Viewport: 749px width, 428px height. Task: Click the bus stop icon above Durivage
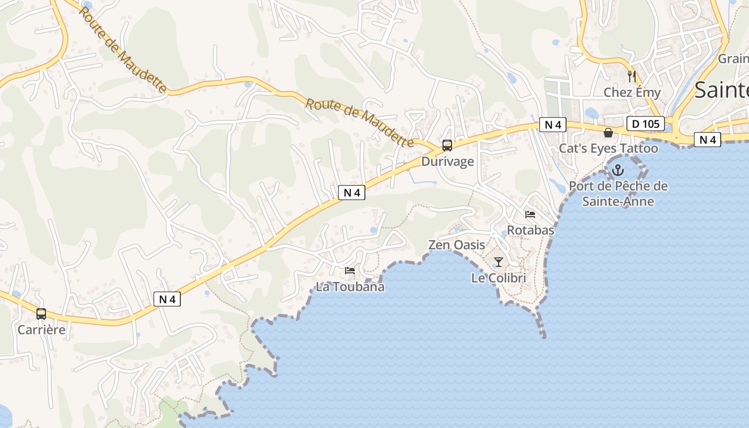(447, 145)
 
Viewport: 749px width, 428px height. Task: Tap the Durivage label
(447, 161)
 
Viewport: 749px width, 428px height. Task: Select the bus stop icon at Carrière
(41, 314)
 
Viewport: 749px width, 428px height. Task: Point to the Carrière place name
(41, 330)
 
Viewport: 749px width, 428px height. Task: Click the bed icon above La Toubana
(350, 271)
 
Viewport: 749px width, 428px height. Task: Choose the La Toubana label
(350, 287)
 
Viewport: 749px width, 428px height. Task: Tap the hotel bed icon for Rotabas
(530, 215)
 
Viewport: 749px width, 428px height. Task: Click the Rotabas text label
(530, 230)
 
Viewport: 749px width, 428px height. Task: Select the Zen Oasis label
(456, 245)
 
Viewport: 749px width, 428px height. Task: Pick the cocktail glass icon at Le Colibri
(499, 262)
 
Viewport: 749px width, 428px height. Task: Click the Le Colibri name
(499, 278)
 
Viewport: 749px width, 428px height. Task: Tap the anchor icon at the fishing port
(618, 170)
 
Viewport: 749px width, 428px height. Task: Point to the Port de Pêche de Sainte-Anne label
(618, 194)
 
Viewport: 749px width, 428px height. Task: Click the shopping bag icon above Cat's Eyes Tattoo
(608, 132)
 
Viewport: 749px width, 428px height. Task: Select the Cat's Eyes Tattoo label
(608, 148)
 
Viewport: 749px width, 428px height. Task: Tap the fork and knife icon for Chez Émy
(632, 77)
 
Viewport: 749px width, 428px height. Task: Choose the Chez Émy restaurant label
(632, 92)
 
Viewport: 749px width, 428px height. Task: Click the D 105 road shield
(645, 124)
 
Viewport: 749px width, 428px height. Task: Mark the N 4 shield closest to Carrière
(167, 299)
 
